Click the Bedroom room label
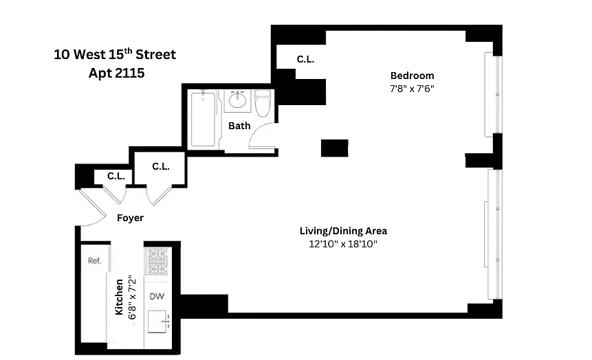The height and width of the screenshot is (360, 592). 412,76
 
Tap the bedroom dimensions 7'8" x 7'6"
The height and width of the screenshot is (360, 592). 412,89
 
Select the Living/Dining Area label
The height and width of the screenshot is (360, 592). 343,231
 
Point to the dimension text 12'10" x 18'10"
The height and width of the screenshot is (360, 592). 343,244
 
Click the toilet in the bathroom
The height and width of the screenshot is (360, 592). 263,102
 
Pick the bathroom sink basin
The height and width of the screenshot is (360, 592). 237,101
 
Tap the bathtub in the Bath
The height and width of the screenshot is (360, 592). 203,120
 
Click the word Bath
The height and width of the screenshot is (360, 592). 239,126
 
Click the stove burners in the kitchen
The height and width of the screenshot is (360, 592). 157,261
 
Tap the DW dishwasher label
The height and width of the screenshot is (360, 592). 157,296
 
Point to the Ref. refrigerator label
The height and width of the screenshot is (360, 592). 94,260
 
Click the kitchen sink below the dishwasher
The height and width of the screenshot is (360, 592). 158,321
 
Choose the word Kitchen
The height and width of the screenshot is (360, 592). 120,297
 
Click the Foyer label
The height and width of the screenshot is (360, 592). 130,218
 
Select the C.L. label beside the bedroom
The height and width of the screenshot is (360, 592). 305,59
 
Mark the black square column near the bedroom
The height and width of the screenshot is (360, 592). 335,148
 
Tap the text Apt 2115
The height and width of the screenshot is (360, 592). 116,73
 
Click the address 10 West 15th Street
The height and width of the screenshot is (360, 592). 115,54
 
